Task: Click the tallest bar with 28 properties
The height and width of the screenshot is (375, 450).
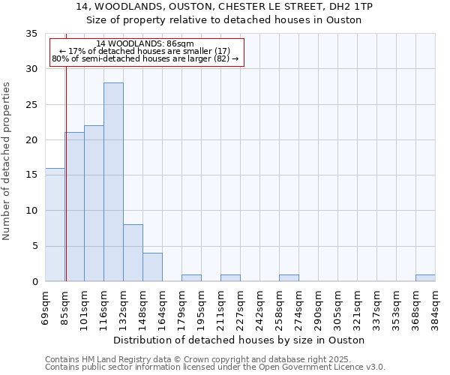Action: pos(113,182)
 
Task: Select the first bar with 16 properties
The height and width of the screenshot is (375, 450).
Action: pos(55,225)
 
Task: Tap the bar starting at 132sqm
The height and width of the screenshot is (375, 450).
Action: pos(133,253)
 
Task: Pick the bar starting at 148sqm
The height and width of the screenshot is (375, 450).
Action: pos(152,267)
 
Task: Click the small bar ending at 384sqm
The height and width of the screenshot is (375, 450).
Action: pos(425,278)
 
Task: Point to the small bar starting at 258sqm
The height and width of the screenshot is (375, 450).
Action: pos(289,278)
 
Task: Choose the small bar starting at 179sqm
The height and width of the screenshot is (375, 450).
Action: pos(191,278)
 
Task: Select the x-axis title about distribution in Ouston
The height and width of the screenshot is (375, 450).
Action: pos(240,340)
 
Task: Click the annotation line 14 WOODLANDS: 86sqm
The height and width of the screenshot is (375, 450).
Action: pos(145,43)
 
